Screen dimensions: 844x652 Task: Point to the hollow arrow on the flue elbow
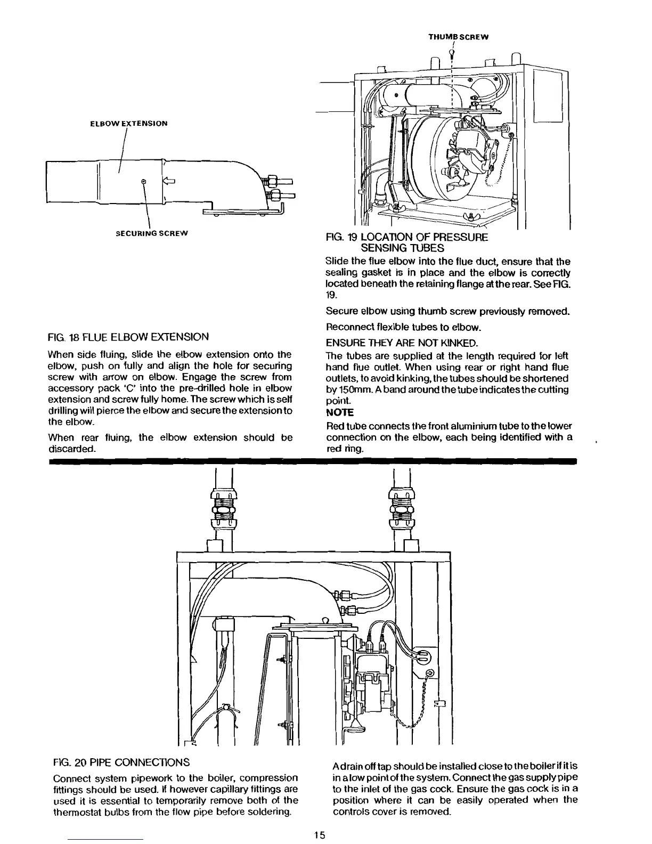[x=167, y=181]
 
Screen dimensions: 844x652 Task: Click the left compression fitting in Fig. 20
[x=222, y=509]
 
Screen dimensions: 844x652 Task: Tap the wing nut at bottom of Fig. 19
[x=469, y=215]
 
